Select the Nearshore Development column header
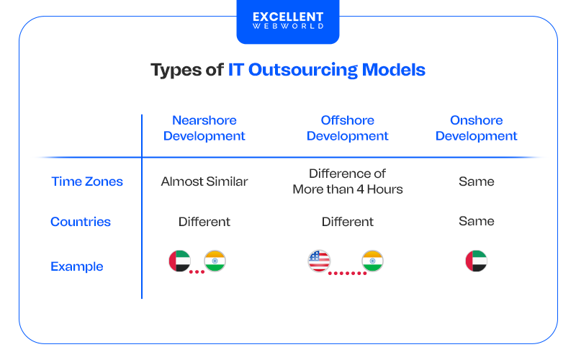[x=204, y=128]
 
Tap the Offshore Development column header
[x=347, y=128]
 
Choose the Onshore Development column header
[x=476, y=128]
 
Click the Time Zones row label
[x=87, y=181]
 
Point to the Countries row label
[x=81, y=222]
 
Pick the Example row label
[x=77, y=266]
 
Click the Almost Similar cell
[x=204, y=181]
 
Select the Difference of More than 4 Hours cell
[x=347, y=181]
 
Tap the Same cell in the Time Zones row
[x=476, y=181]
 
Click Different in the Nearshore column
[x=204, y=222]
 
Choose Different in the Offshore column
[x=347, y=222]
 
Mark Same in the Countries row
[x=476, y=222]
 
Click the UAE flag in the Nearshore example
[x=179, y=261]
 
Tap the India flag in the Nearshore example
[x=215, y=261]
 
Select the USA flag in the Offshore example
[x=319, y=261]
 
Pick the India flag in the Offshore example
[x=372, y=261]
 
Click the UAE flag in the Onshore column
[x=476, y=261]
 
